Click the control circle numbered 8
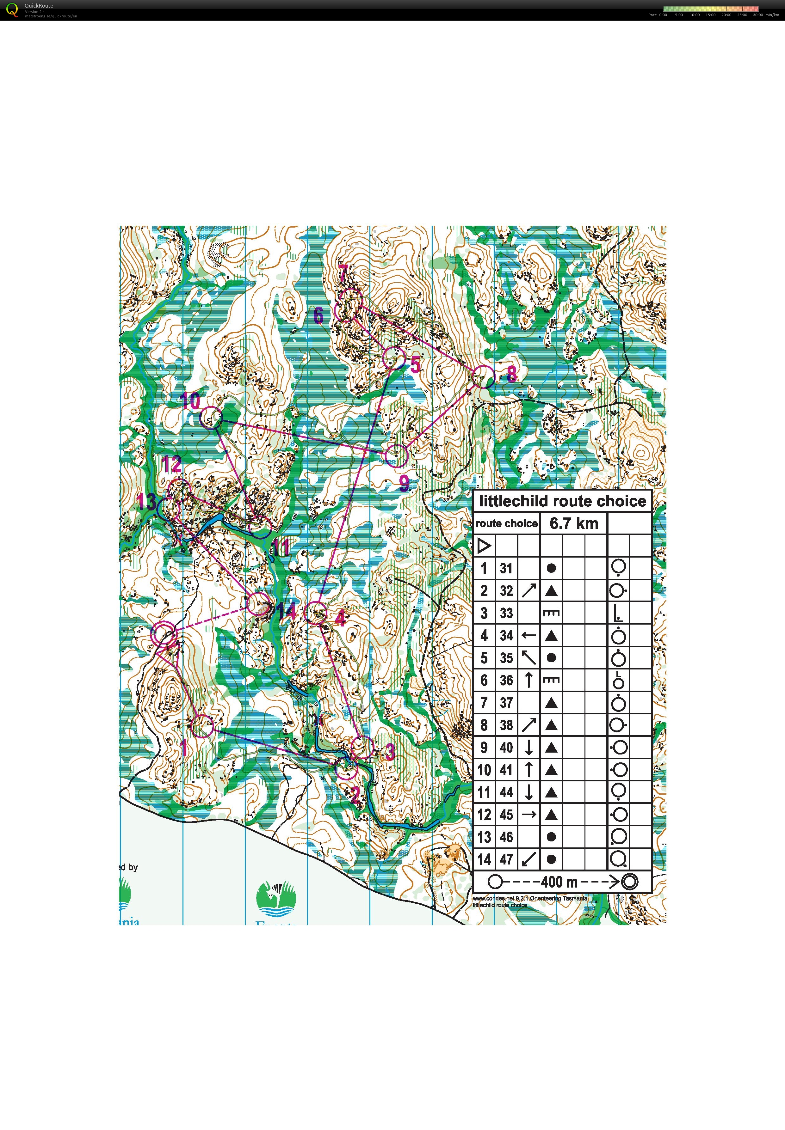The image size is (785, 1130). (x=484, y=376)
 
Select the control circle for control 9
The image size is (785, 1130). (x=396, y=456)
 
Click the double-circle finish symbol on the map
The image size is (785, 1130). (x=163, y=635)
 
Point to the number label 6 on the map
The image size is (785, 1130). (x=319, y=315)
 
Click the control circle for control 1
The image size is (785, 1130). (x=202, y=726)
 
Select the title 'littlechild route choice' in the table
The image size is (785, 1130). (x=562, y=501)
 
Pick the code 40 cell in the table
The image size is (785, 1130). (x=506, y=748)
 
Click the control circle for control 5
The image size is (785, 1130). (x=394, y=358)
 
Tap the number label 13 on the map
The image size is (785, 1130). (x=146, y=502)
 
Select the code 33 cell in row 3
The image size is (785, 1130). (x=506, y=613)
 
